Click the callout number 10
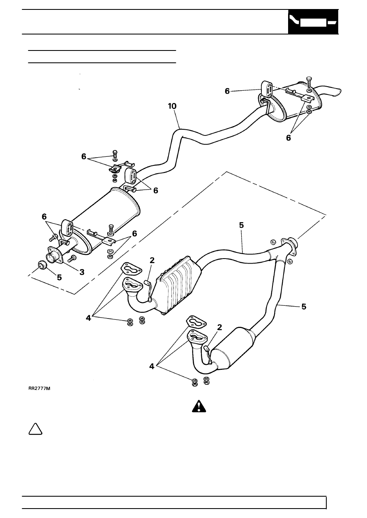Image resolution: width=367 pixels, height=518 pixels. [172, 106]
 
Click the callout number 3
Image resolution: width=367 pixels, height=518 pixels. [82, 272]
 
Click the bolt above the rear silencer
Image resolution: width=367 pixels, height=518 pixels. [309, 81]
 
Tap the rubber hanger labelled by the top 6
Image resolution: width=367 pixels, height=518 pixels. [268, 89]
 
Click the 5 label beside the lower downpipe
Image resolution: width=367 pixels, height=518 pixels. [304, 307]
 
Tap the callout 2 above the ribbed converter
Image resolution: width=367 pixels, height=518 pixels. [152, 260]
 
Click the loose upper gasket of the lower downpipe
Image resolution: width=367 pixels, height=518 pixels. [196, 322]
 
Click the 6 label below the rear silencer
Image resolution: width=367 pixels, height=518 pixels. [288, 138]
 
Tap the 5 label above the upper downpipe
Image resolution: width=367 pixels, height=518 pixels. [242, 225]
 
